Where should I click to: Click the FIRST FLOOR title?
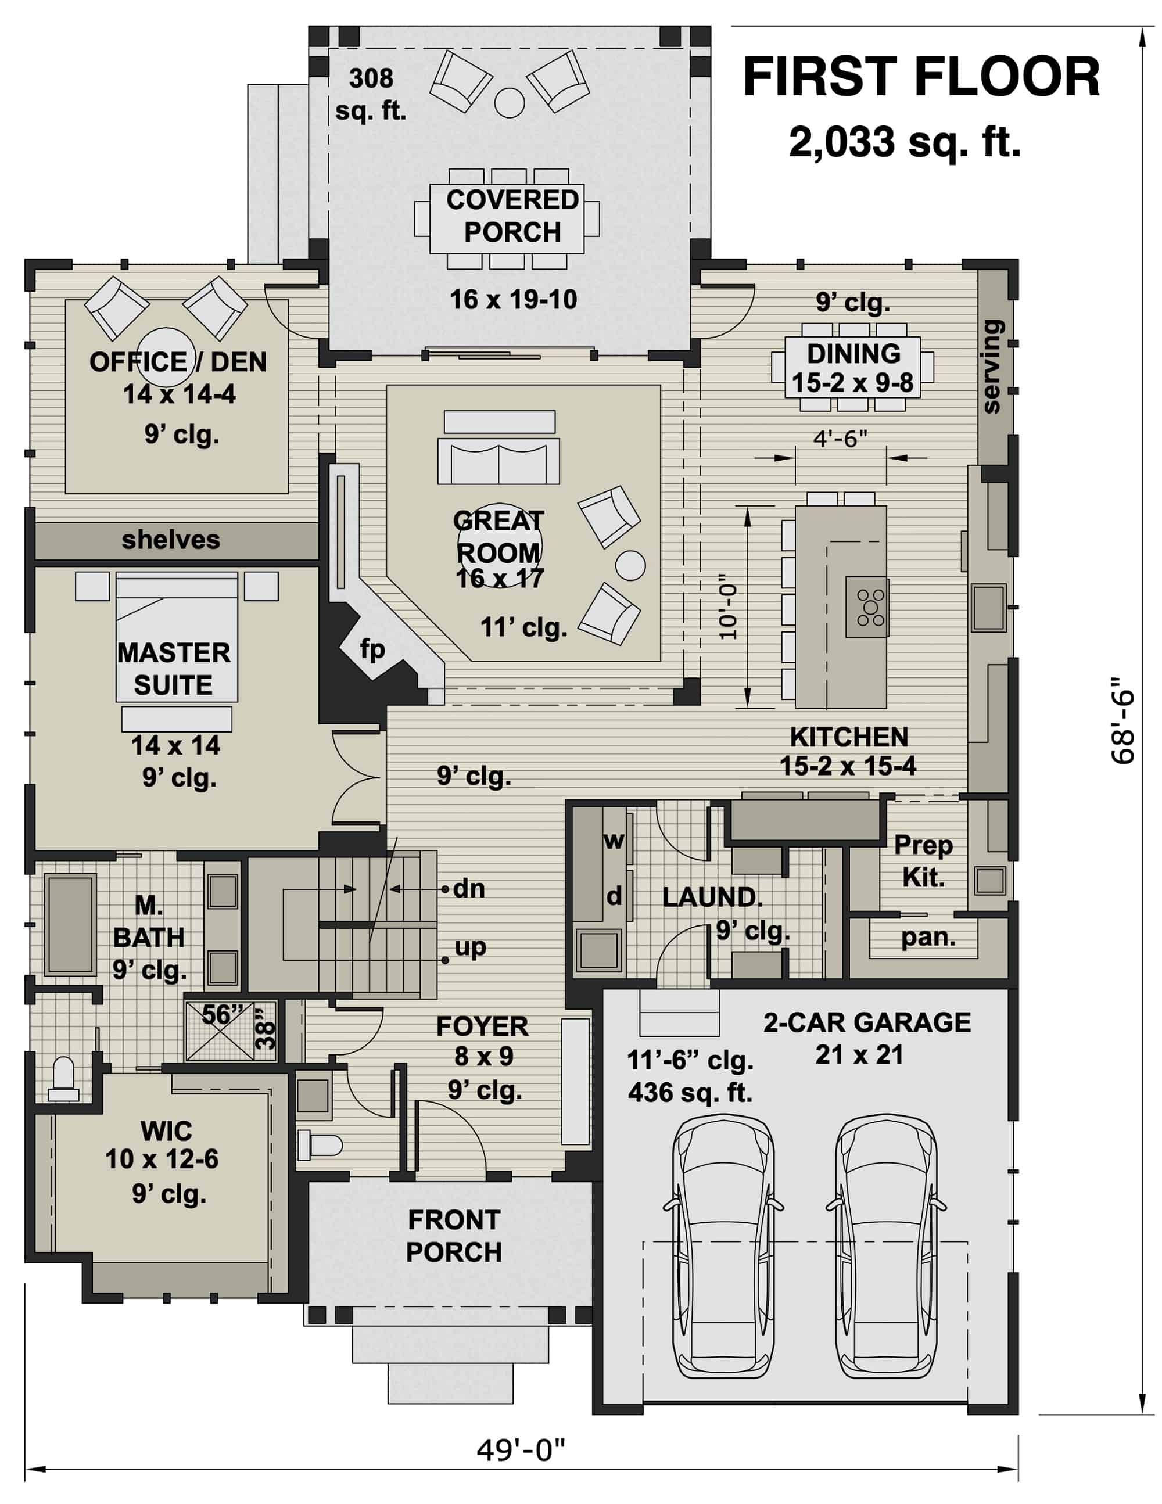point(920,77)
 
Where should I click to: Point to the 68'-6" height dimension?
point(1121,720)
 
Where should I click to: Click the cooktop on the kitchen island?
point(870,606)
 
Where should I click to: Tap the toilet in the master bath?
point(63,1080)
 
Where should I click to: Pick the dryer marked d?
point(614,896)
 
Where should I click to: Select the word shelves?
point(171,540)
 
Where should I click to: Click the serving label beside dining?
point(991,367)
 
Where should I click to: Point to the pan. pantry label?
point(928,936)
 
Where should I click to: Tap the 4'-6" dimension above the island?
point(840,438)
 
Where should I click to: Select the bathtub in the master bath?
point(70,924)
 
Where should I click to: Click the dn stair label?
point(468,889)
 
